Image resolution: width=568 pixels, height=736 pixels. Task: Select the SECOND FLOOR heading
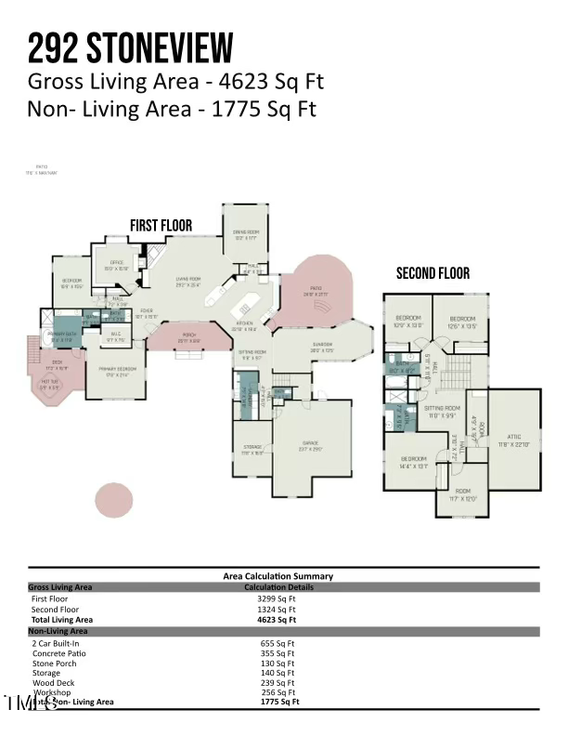432,273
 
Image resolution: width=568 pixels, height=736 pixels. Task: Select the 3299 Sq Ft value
278,599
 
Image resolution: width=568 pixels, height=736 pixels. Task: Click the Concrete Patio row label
58,654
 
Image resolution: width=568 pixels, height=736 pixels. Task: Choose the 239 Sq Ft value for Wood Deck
278,683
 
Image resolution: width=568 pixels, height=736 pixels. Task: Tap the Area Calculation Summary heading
278,576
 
